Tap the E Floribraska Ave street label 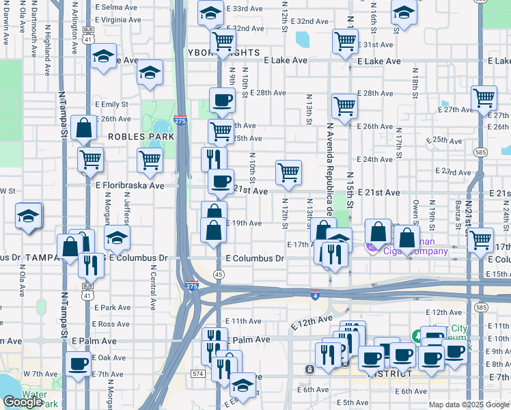(x=130, y=185)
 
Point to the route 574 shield (x=197, y=374)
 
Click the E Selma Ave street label (x=116, y=7)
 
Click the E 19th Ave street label (x=245, y=223)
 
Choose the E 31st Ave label (x=378, y=44)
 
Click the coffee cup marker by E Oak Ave (x=78, y=362)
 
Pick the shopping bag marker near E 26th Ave (x=83, y=128)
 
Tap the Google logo (x=23, y=401)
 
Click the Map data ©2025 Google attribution (x=469, y=405)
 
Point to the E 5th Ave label (x=350, y=403)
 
